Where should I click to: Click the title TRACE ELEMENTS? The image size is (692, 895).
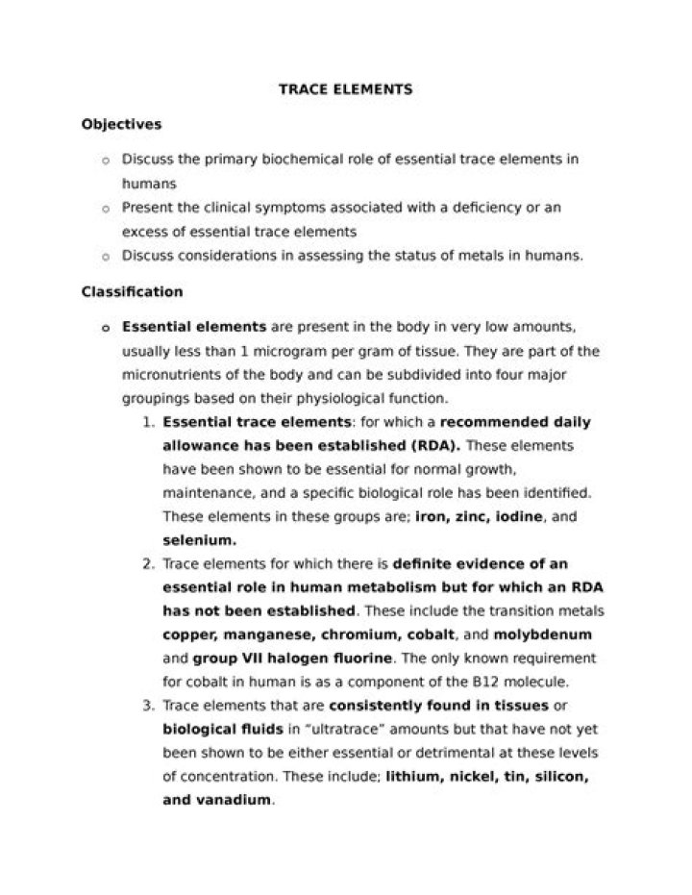click(345, 89)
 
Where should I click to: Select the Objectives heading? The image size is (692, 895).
click(121, 124)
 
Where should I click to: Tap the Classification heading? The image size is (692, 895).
click(132, 291)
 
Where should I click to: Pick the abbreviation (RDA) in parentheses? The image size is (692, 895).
click(434, 445)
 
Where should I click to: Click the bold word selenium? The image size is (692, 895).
click(199, 540)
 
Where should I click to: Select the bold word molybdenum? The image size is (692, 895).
click(542, 634)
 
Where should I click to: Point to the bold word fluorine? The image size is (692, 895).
click(362, 659)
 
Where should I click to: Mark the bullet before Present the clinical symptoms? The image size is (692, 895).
click(105, 208)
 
